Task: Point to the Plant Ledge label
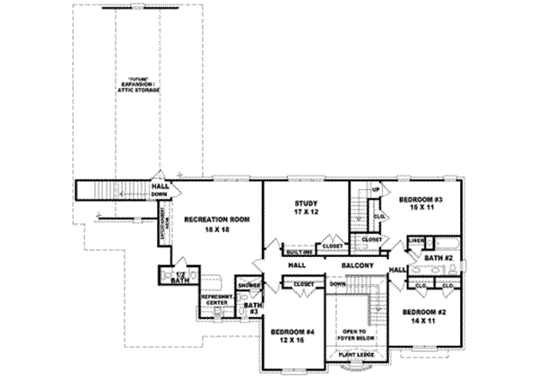360,355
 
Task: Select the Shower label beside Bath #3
250,287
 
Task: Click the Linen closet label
415,240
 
